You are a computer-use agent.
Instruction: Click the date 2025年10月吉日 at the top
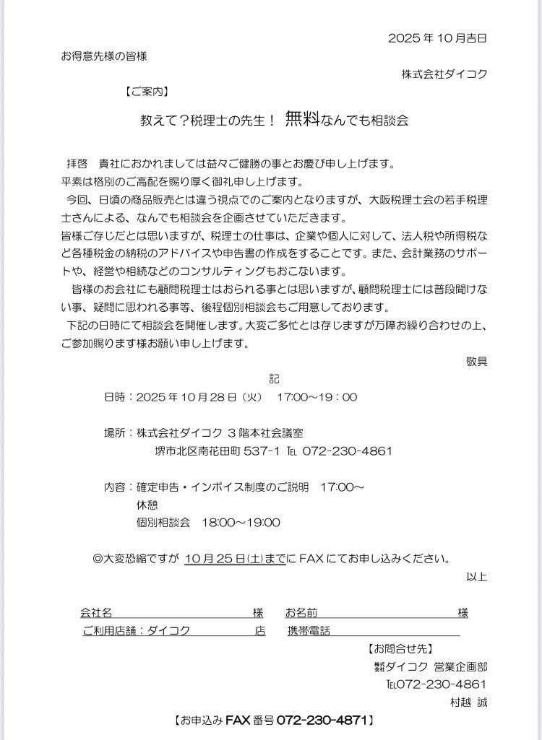(437, 38)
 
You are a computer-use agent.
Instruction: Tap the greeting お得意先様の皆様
(104, 56)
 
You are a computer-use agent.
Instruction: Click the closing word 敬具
(476, 361)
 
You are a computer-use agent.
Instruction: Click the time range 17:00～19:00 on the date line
(317, 397)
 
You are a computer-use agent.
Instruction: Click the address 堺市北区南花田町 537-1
(218, 451)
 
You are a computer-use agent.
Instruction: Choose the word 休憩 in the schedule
(147, 505)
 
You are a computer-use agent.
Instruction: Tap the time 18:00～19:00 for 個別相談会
(241, 522)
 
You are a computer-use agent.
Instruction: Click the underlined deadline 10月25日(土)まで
(236, 558)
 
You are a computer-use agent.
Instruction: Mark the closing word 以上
(476, 576)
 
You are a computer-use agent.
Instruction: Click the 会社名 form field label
(96, 613)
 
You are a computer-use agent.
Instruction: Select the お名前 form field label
(301, 613)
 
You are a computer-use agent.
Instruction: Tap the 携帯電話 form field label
(309, 630)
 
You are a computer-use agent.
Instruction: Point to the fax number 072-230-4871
(324, 720)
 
